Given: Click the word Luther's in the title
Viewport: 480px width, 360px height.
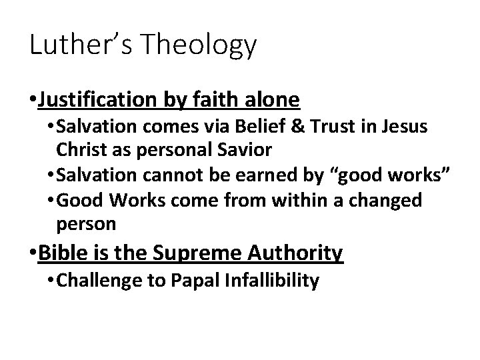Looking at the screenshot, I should point(71,45).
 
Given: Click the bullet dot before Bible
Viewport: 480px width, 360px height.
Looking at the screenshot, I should point(33,253).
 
